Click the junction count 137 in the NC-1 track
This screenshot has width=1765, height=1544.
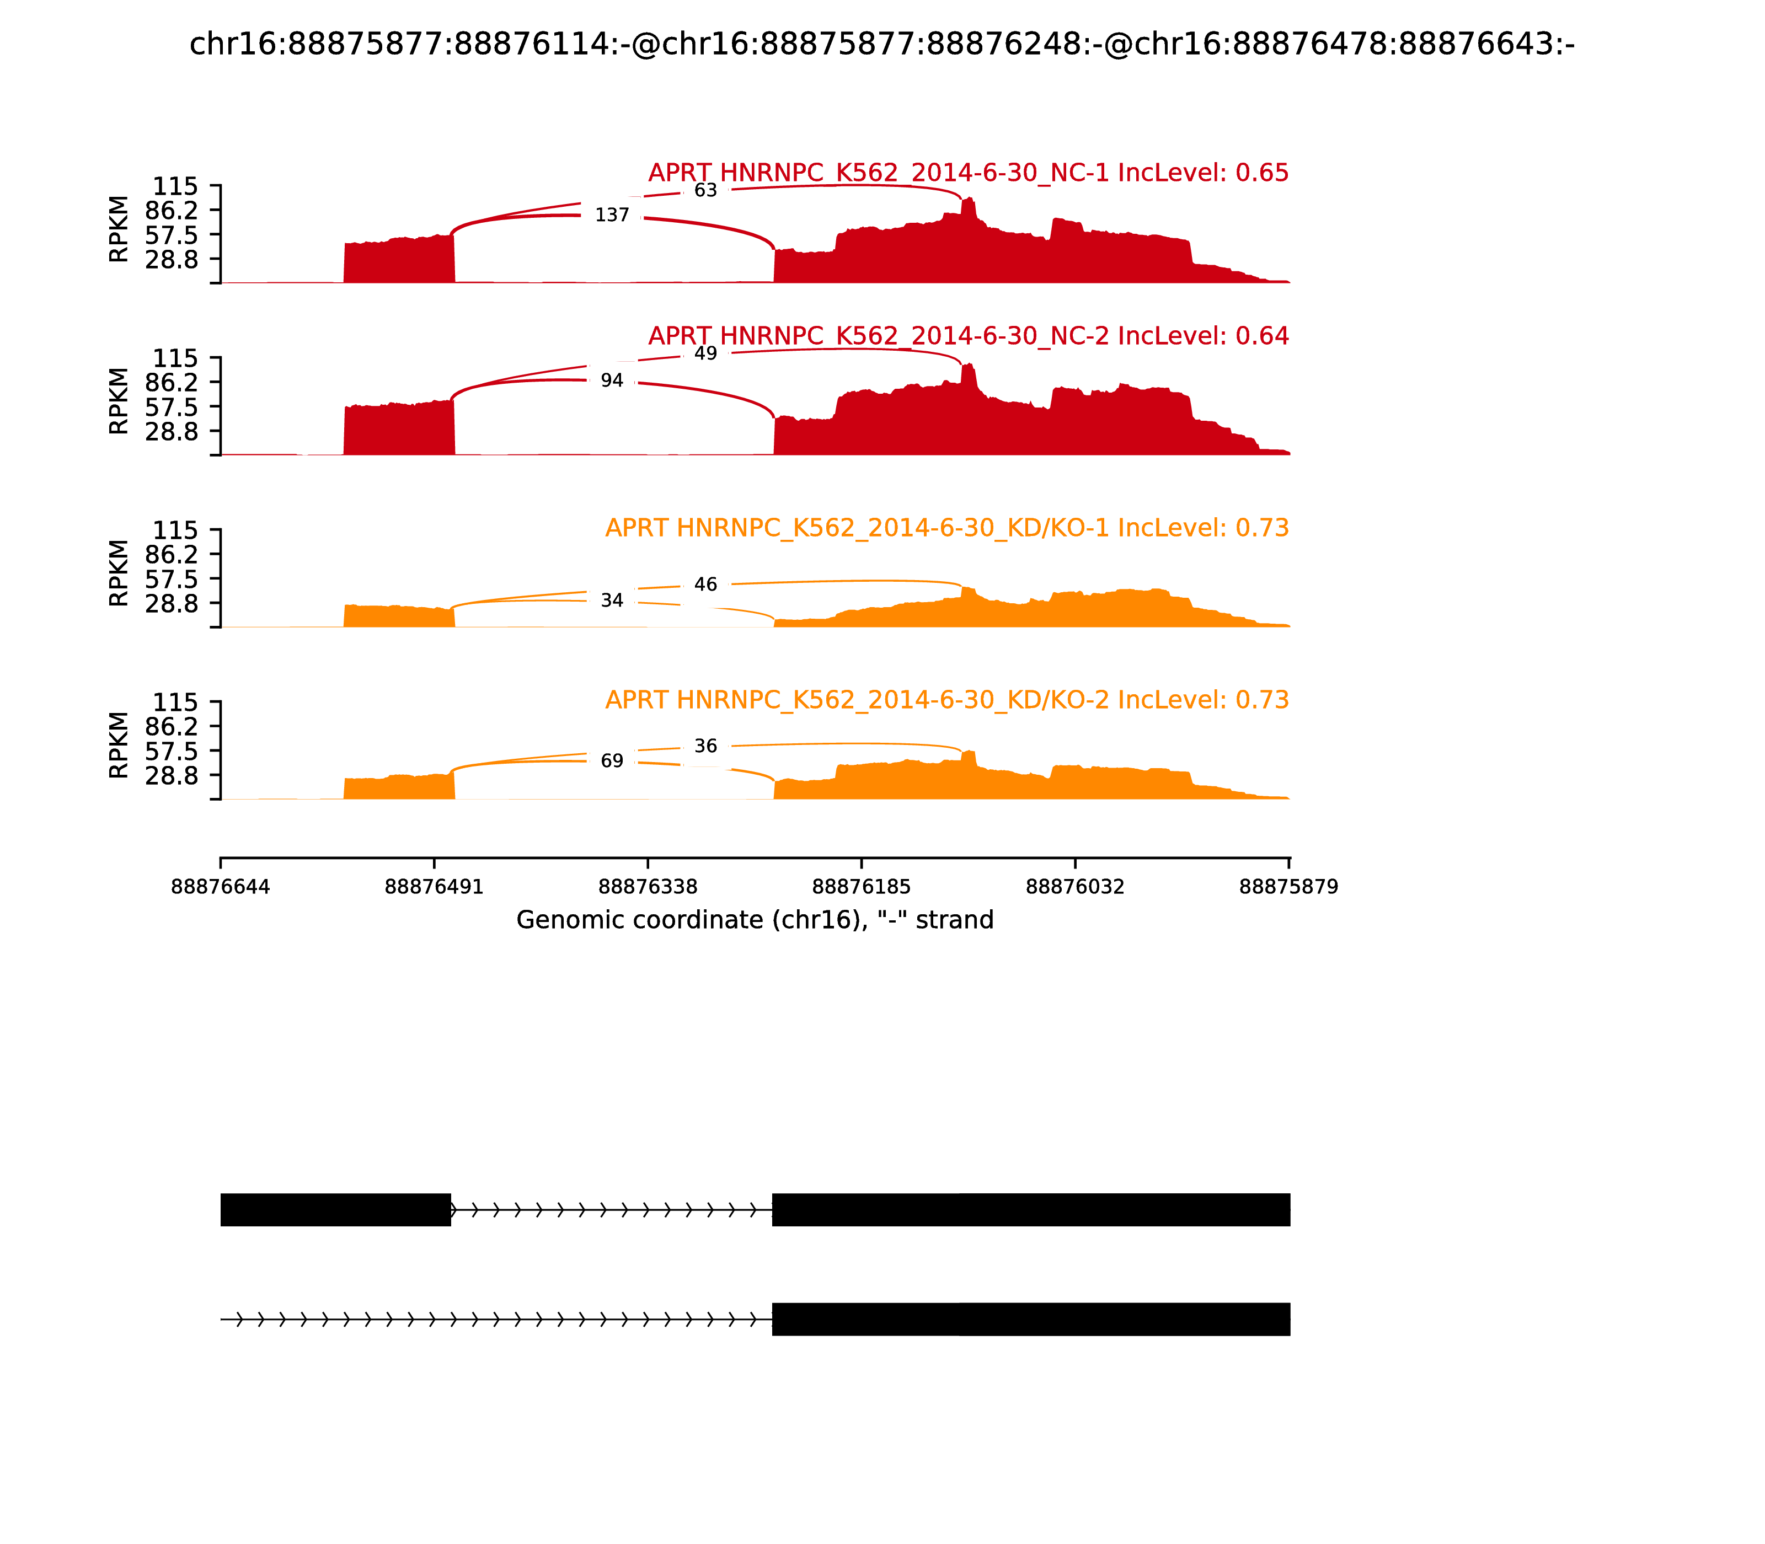(x=612, y=215)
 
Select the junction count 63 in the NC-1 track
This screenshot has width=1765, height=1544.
(x=705, y=190)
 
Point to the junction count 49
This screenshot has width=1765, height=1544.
(x=705, y=354)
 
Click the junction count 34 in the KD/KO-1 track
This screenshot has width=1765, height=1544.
(x=612, y=601)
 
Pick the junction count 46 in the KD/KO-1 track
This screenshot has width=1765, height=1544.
(x=705, y=584)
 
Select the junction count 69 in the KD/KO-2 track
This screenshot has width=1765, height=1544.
(x=612, y=761)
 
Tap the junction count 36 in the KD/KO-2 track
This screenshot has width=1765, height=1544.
(x=705, y=746)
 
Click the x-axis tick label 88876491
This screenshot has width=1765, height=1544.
(x=434, y=887)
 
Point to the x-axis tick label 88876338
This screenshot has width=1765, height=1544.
(x=647, y=887)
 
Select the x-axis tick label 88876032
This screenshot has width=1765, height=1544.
(x=1074, y=887)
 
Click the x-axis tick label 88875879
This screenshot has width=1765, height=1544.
(x=1288, y=887)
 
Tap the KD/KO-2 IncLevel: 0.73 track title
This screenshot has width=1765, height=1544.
(x=946, y=700)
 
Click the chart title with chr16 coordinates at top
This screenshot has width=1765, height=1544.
(x=881, y=44)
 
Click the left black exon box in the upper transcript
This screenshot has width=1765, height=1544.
(x=335, y=1210)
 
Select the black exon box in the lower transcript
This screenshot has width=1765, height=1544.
(x=1031, y=1319)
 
